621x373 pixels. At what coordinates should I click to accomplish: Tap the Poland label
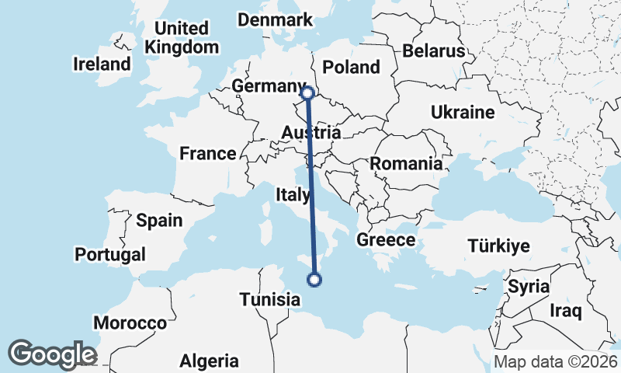tap(351, 67)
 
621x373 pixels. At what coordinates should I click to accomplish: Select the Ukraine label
tap(463, 113)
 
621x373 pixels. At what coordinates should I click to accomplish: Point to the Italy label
tap(293, 194)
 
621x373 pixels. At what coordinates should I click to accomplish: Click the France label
tap(207, 154)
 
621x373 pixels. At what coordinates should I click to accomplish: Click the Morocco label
tap(130, 322)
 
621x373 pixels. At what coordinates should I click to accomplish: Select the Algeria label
tap(210, 361)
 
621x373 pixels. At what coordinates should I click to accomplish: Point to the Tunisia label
tap(269, 299)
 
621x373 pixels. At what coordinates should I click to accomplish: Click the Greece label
tap(386, 240)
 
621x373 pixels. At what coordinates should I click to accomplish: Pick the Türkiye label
tap(498, 246)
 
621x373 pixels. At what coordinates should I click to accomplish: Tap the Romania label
tap(406, 164)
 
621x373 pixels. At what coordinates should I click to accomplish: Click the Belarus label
tap(433, 51)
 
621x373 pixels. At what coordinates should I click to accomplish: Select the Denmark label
tap(275, 20)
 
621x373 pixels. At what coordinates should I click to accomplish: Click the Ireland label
tap(102, 64)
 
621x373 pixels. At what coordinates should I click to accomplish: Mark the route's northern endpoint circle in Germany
tap(307, 93)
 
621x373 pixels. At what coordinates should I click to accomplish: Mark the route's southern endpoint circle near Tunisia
tap(314, 280)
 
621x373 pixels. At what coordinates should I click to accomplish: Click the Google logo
tap(52, 354)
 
